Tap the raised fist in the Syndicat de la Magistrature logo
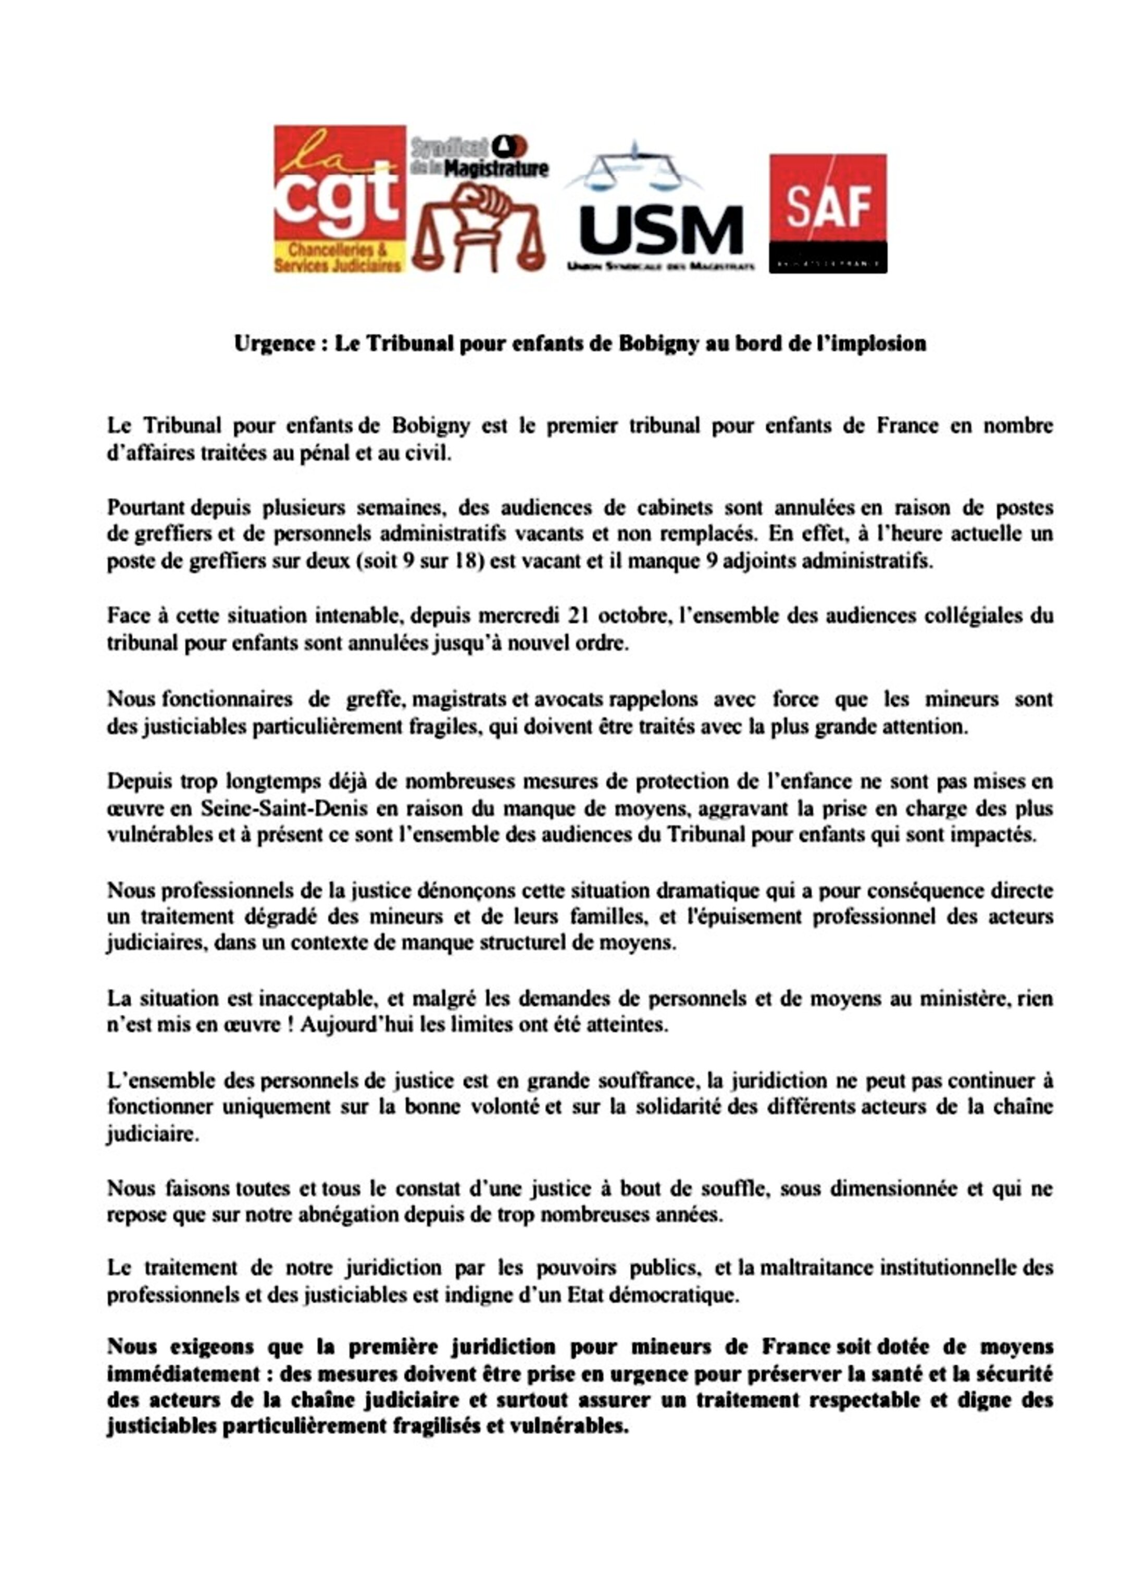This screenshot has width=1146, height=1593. coord(483,210)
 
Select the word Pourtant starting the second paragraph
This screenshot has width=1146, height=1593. coord(145,507)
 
